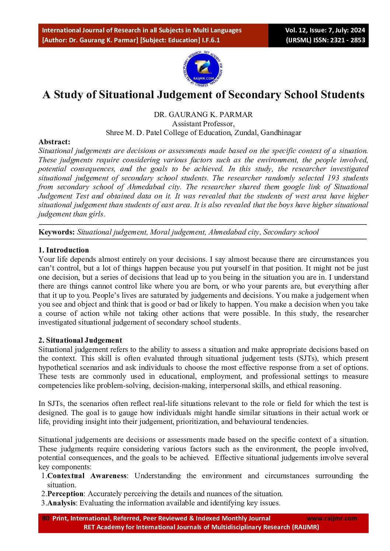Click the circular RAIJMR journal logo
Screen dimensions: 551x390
click(203, 70)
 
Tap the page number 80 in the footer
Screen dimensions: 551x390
click(46, 518)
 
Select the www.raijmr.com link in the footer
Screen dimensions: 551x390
click(332, 518)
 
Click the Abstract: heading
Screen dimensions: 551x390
click(54, 142)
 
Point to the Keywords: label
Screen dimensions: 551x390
click(57, 232)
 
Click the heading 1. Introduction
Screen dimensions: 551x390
click(63, 250)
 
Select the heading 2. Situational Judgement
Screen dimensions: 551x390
click(80, 340)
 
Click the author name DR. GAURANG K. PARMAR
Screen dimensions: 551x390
click(203, 114)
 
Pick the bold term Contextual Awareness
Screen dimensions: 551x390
click(87, 476)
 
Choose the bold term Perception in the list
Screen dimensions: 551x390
click(65, 494)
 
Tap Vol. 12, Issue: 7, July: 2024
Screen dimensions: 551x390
click(325, 30)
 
